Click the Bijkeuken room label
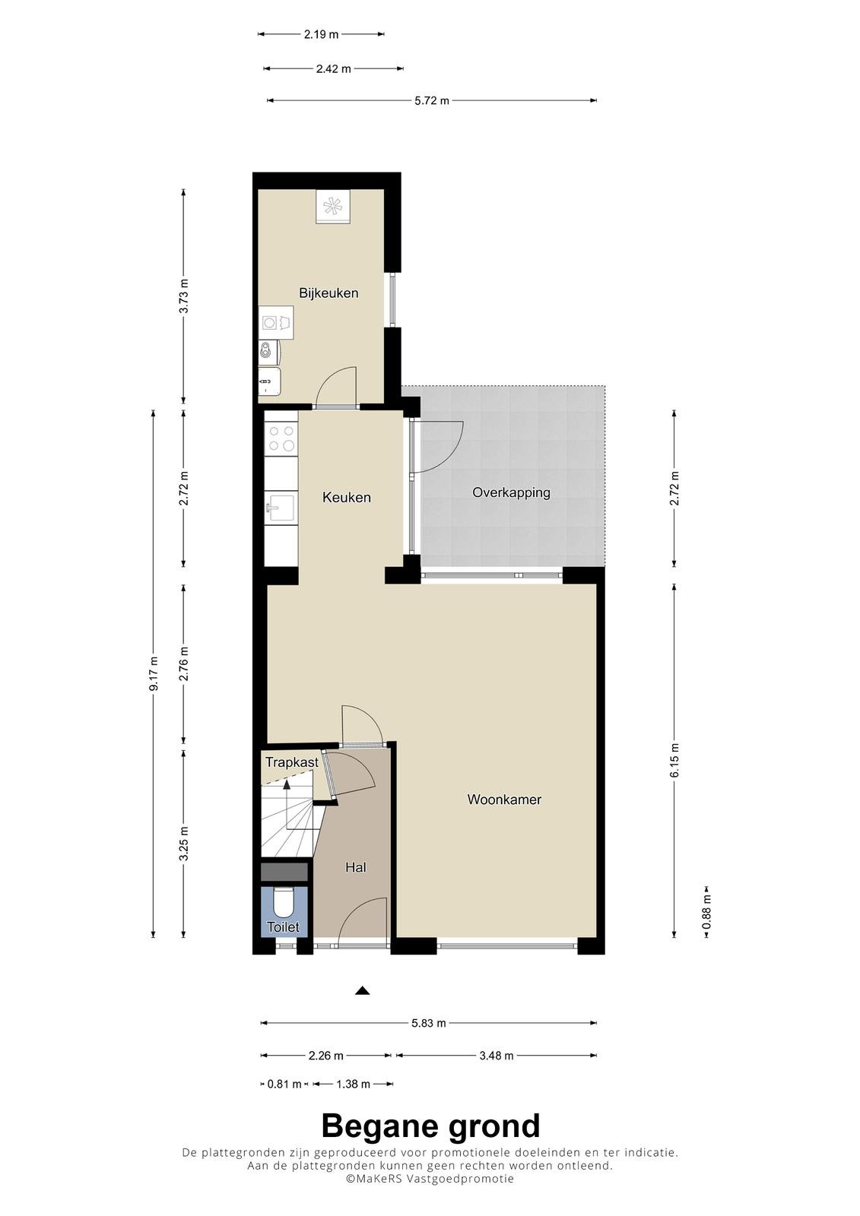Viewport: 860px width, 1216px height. click(328, 293)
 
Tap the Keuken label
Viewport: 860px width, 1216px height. click(346, 497)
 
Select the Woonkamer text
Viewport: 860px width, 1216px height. click(504, 799)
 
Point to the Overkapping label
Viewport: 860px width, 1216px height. click(511, 493)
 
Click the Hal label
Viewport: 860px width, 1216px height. click(355, 867)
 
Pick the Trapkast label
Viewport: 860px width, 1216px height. click(292, 762)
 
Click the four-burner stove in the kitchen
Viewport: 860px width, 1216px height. click(281, 439)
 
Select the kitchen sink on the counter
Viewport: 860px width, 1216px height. click(281, 508)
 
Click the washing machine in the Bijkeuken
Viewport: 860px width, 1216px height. click(276, 322)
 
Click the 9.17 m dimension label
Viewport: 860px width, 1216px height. click(154, 673)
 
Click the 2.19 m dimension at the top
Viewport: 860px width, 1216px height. click(321, 34)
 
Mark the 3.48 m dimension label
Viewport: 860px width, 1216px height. click(496, 1056)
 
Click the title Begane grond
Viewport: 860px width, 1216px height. click(431, 1126)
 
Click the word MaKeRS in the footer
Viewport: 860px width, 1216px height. click(378, 1178)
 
